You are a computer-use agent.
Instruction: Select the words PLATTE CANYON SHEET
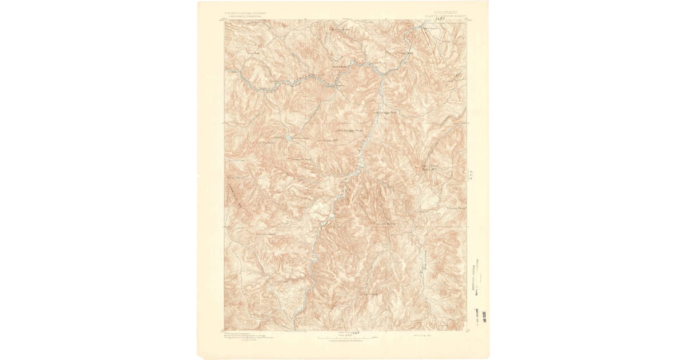coord(445,16)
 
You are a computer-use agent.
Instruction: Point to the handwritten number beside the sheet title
coord(440,18)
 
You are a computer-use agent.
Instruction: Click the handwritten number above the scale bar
coord(355,331)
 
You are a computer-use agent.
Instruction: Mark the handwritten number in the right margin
coord(470,174)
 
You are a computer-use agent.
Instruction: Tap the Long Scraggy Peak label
coord(385,113)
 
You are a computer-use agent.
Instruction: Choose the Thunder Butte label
coord(385,223)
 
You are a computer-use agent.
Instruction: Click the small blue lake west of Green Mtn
coord(290,138)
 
